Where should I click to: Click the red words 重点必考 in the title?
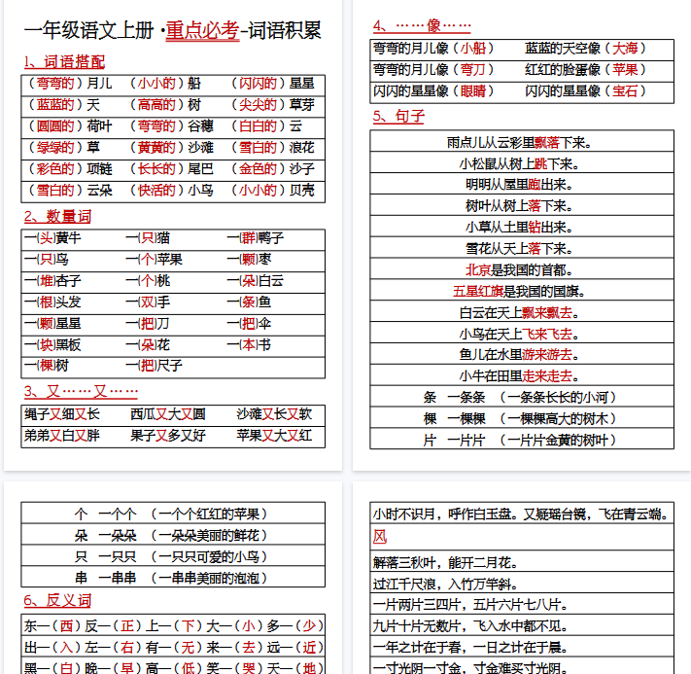202,30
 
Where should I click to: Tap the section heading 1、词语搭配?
64,61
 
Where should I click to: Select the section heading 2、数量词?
57,216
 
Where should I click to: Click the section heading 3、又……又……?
81,391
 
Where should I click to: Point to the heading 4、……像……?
422,25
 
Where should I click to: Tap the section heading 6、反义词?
57,600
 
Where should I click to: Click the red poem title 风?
380,537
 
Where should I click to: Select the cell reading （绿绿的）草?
63,148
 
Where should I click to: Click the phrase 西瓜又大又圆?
168,414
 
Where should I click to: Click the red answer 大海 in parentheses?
623,48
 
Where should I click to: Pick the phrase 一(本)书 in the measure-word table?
249,345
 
